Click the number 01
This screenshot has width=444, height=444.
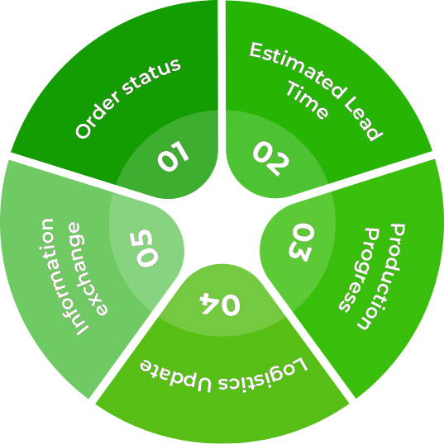[173, 156]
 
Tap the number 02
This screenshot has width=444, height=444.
[271, 158]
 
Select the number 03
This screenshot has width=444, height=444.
[301, 242]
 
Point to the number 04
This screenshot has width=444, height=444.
[220, 305]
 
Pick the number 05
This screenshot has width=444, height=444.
[144, 248]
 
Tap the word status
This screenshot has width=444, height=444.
[152, 76]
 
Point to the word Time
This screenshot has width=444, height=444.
[307, 100]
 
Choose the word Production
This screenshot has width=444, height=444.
[382, 276]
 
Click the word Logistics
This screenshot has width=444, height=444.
[263, 375]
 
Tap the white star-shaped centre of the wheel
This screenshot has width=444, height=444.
[222, 226]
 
